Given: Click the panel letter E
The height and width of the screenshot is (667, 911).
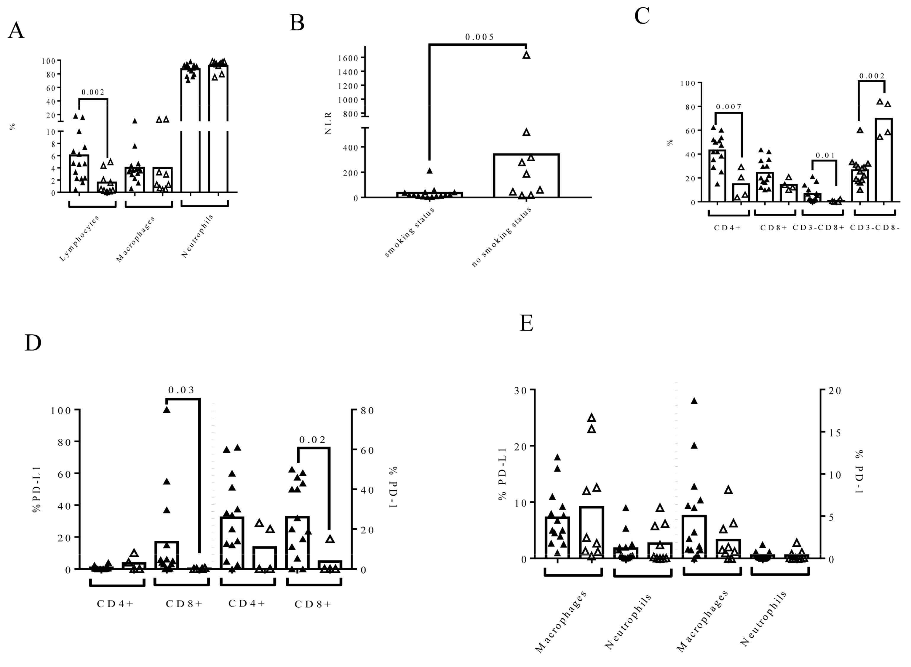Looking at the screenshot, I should (x=526, y=323).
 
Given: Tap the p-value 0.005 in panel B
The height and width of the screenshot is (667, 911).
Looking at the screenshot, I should (x=480, y=37).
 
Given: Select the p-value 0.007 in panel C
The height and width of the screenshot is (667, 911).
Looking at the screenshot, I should (x=728, y=107).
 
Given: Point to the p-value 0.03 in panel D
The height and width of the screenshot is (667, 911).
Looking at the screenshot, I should (x=181, y=390).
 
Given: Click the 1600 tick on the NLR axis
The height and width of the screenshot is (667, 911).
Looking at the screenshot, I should (x=348, y=58).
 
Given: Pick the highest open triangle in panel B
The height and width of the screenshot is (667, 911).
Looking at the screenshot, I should (x=526, y=55).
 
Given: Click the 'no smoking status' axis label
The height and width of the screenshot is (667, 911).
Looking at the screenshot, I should (x=501, y=237).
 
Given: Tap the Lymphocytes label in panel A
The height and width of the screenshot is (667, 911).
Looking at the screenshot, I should (x=79, y=238).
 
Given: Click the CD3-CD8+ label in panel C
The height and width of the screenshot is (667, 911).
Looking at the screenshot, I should (x=819, y=227).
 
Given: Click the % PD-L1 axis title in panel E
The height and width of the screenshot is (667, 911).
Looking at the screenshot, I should (x=502, y=474).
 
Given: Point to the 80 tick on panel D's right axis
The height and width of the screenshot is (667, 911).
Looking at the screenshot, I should (x=367, y=411).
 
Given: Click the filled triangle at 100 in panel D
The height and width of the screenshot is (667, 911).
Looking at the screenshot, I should (x=167, y=410).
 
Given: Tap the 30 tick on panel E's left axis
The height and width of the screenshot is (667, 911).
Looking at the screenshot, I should (x=521, y=391).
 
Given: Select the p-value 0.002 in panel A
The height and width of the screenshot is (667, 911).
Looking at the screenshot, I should (x=93, y=92).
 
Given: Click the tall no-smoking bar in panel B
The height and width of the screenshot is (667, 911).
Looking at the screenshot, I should (x=526, y=175).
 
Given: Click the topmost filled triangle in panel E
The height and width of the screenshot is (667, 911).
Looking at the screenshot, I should (x=694, y=401).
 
